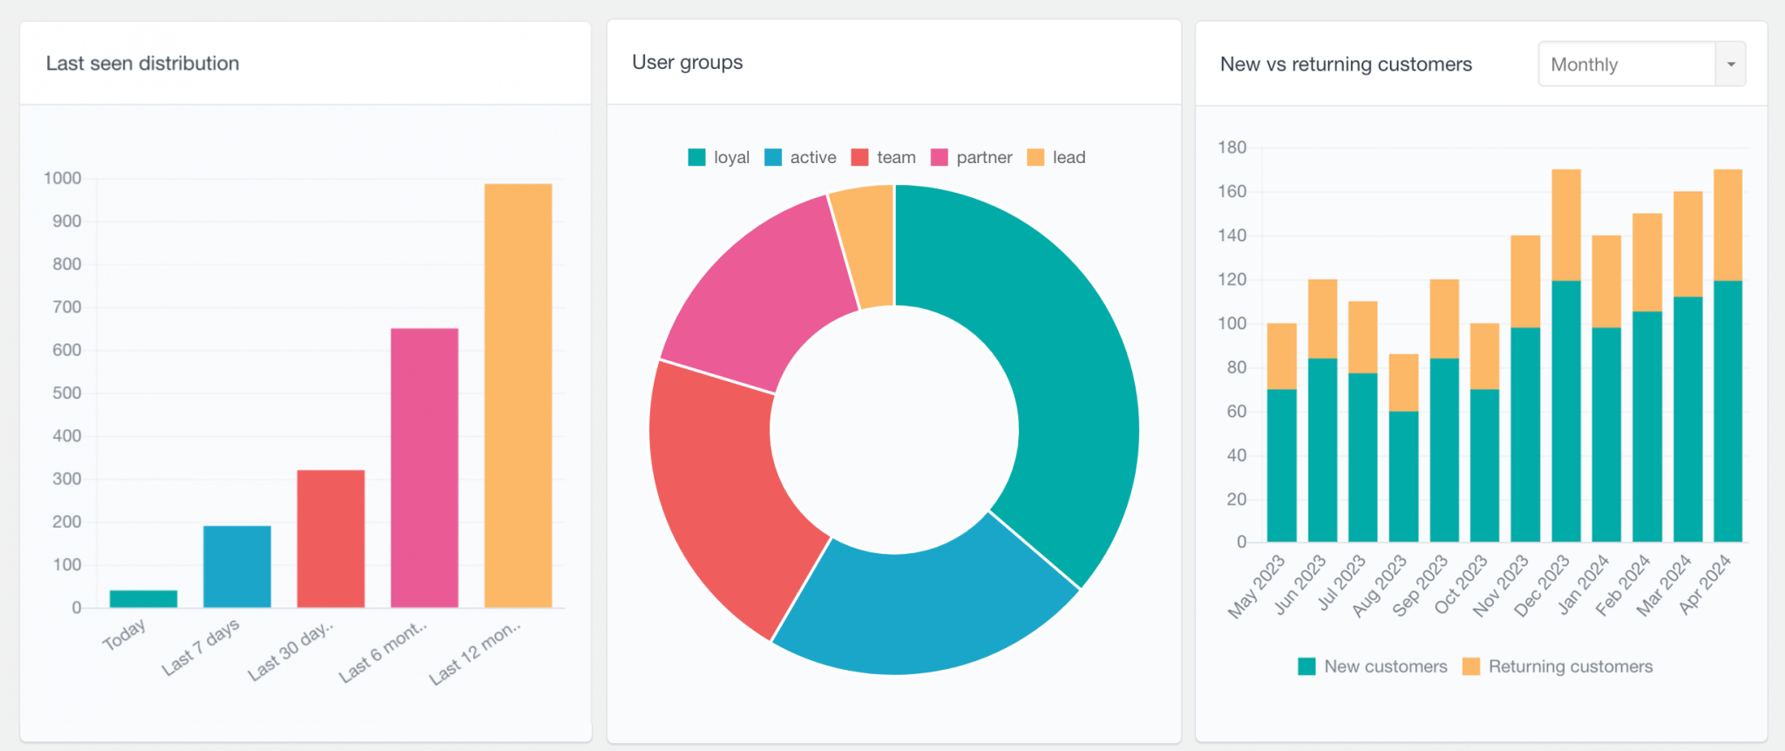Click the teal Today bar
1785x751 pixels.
point(143,598)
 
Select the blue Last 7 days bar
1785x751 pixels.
point(237,567)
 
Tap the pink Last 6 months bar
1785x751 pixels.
point(424,468)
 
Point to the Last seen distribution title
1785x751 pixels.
point(142,64)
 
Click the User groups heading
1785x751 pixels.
point(687,63)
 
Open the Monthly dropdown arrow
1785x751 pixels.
point(1731,65)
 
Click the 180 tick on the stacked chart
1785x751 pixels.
point(1232,147)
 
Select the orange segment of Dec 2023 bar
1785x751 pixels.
point(1566,224)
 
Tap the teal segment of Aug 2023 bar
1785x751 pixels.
point(1403,476)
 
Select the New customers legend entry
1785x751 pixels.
point(1373,667)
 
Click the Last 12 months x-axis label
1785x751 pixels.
point(476,652)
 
